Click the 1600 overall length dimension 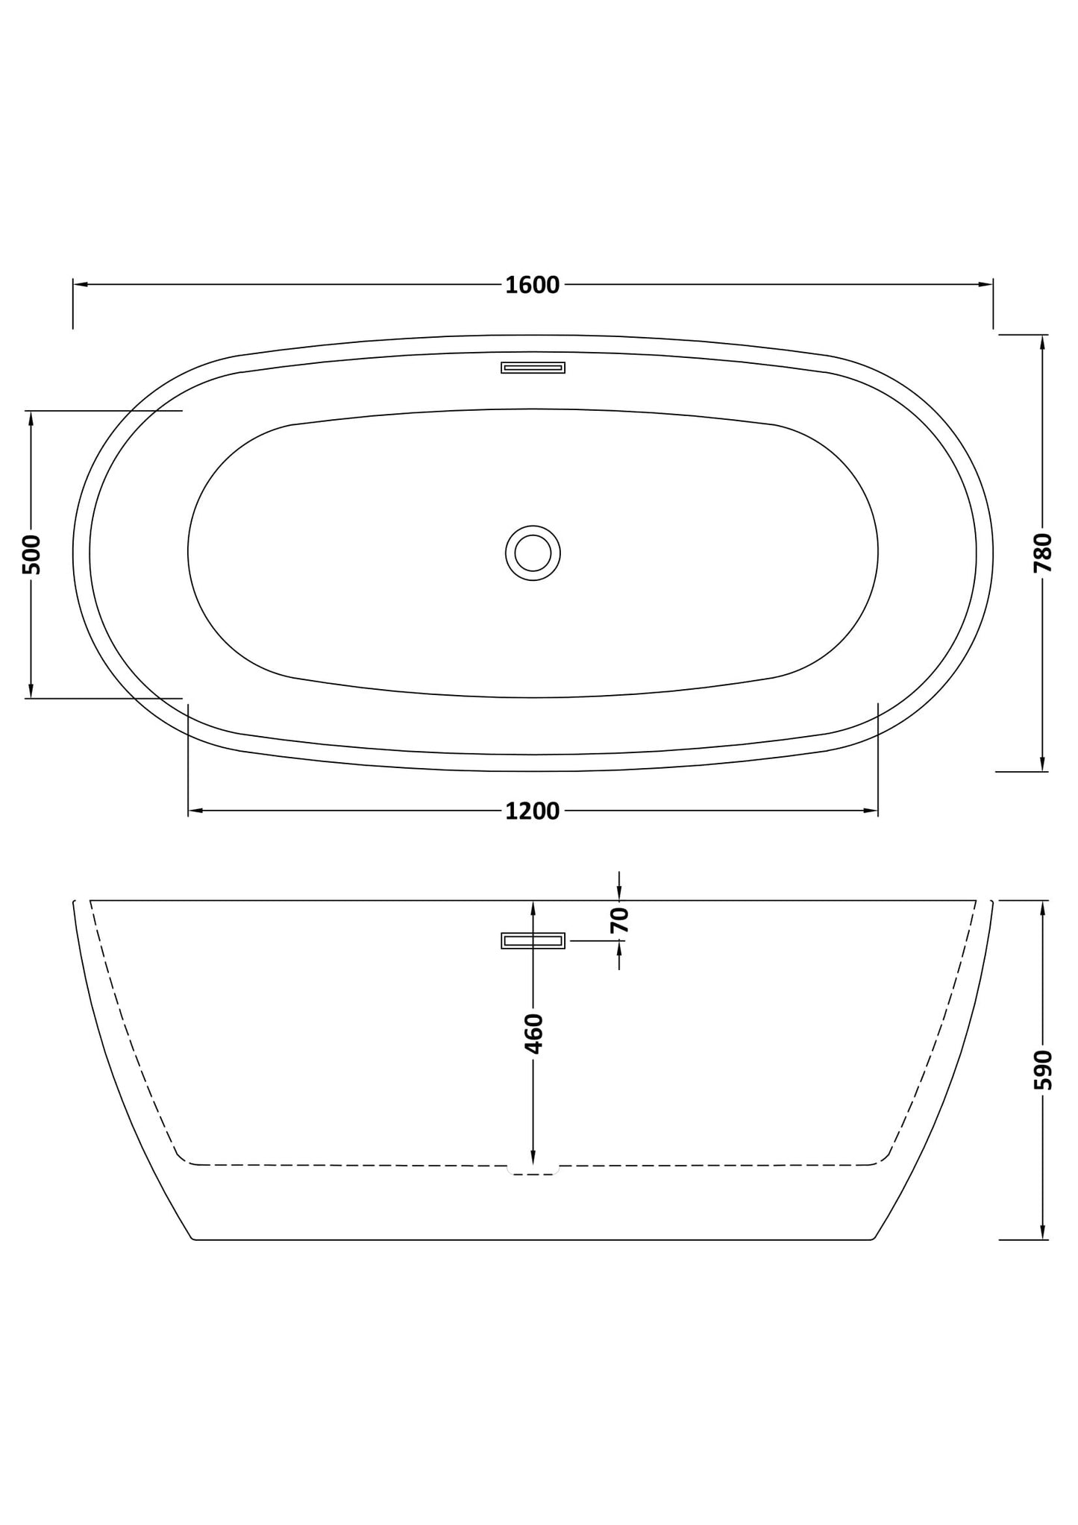(532, 285)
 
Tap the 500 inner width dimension (31, 554)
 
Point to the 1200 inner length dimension (532, 811)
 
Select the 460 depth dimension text (533, 1033)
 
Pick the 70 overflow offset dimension (620, 920)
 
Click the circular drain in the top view (533, 553)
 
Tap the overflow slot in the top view (533, 367)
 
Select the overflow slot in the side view (533, 941)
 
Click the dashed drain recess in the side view (533, 1170)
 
